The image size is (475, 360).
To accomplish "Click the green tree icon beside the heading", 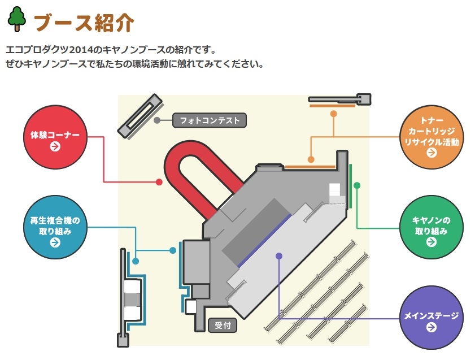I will [18, 19].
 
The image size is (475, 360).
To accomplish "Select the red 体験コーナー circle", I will [55, 135].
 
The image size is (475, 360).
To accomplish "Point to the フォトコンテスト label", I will [210, 120].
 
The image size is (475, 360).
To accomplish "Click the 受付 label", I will [223, 326].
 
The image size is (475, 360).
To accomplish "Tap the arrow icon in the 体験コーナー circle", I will [55, 147].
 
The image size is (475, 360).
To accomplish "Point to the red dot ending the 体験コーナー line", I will [159, 182].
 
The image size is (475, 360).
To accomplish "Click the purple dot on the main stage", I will [278, 256].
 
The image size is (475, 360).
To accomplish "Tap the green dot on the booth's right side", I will [356, 185].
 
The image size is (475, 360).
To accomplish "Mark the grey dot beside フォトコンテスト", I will [157, 120].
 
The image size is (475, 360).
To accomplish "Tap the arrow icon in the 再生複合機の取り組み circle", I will [55, 242].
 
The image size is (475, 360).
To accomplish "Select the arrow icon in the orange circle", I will [432, 153].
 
